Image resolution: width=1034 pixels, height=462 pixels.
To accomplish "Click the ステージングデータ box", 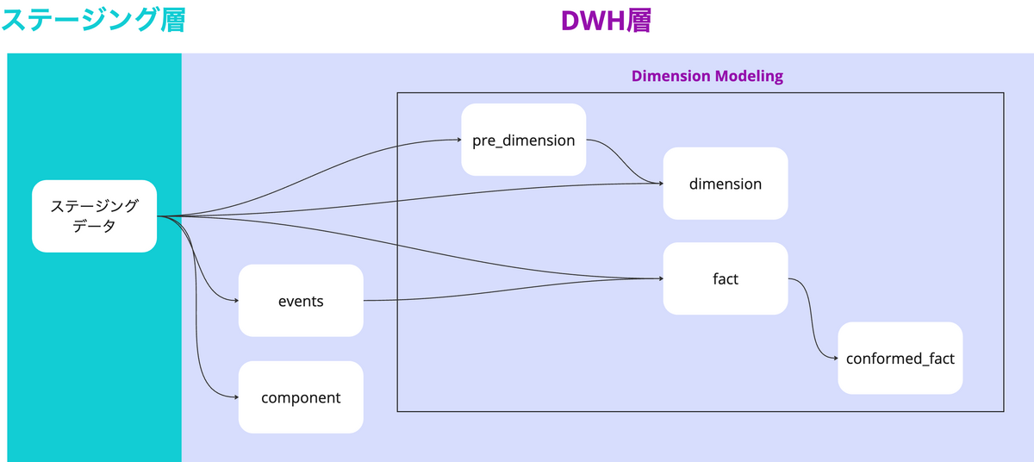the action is pos(94,216).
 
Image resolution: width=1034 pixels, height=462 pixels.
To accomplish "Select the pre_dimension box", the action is pos(524,140).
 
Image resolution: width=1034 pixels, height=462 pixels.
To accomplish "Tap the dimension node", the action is pos(726,184).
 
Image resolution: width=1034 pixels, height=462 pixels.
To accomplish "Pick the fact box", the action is pos(726,278).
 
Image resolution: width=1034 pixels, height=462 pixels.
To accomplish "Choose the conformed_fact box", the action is pos(900,359).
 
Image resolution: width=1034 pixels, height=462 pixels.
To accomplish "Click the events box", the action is pos(301,301).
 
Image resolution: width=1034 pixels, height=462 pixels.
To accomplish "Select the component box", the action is pos(301,396).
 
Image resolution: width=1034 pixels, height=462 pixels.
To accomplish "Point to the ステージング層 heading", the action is pos(93,21).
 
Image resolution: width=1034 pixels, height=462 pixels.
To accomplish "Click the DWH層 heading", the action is pos(606,21).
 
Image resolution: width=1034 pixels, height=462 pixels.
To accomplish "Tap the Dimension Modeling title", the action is pos(707,76).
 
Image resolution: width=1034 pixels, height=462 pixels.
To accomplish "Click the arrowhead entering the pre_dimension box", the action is pos(458,140).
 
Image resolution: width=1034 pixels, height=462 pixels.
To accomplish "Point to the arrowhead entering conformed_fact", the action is pos(836,359).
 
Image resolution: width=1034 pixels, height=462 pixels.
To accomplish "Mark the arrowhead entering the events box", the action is pos(236,301).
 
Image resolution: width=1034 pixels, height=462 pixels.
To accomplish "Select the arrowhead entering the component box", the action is pos(236,396).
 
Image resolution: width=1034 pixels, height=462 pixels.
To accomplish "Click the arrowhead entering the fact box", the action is pos(661,278).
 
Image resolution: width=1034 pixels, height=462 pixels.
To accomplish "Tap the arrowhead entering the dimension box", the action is pos(661,184).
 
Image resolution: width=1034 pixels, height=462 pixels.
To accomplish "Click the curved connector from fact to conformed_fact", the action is pos(813,318).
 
